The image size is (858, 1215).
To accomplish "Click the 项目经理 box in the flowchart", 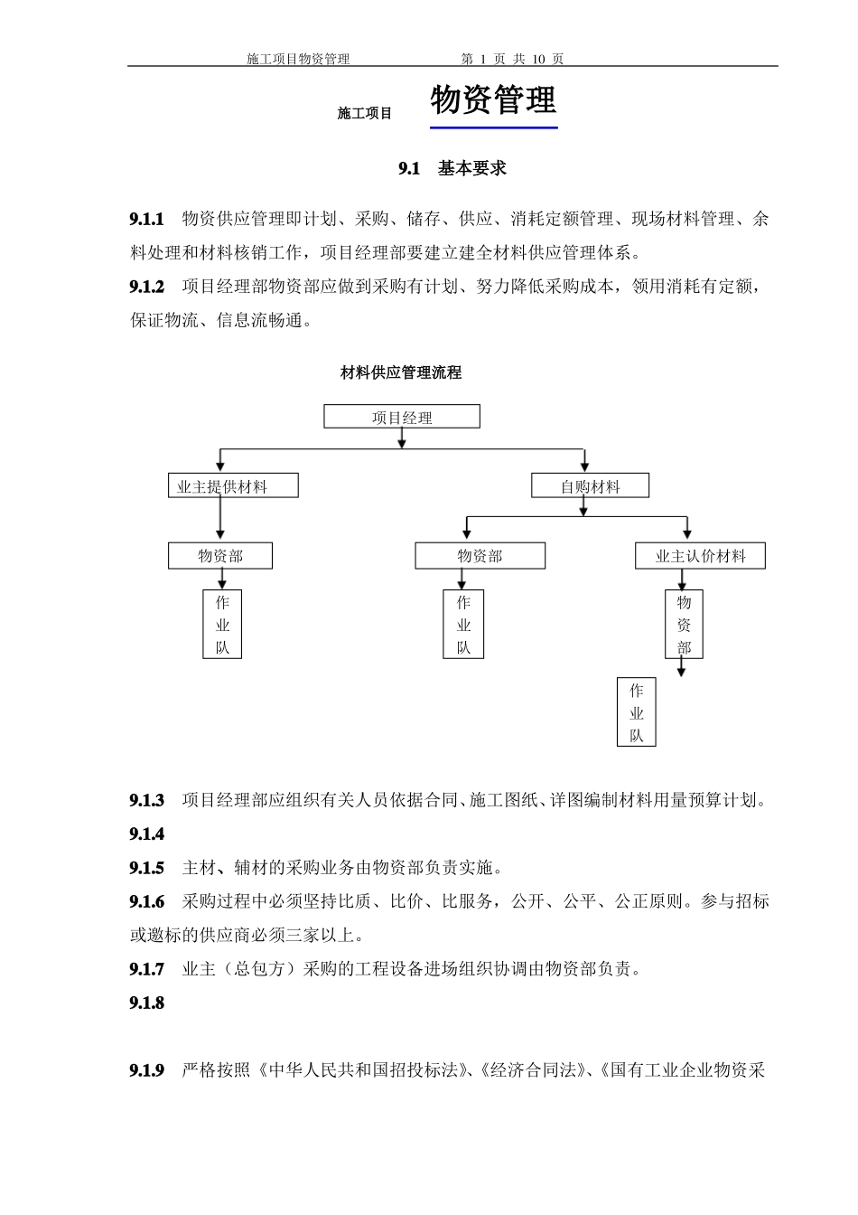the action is [x=402, y=417].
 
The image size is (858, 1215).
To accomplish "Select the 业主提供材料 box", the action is [x=233, y=486].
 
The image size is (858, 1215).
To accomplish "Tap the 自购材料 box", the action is [x=590, y=486].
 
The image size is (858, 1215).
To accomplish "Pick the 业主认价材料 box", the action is [x=700, y=556].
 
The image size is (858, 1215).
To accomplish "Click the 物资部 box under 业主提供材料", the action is [x=220, y=556].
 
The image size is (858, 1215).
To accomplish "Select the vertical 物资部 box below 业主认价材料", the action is [x=684, y=625].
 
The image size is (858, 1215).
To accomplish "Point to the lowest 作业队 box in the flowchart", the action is [x=637, y=713].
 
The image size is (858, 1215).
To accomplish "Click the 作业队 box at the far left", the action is [x=222, y=625].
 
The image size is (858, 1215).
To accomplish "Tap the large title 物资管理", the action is [x=493, y=100].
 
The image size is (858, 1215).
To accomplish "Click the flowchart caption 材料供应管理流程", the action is [x=400, y=372].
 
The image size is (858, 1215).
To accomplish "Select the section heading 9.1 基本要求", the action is [x=452, y=168].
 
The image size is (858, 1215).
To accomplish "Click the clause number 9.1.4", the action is [x=147, y=834].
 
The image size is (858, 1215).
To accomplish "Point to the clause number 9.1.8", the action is [x=147, y=1003].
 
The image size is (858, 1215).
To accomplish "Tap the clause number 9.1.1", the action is [x=147, y=220].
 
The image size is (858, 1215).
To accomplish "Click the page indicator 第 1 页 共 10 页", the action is [x=512, y=59].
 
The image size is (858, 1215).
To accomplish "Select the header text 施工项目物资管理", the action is [x=298, y=59].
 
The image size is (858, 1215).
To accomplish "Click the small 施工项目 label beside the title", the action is [x=365, y=114].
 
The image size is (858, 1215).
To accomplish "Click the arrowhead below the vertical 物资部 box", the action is [x=682, y=671].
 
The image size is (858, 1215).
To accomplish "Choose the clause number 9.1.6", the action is [x=147, y=901].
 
